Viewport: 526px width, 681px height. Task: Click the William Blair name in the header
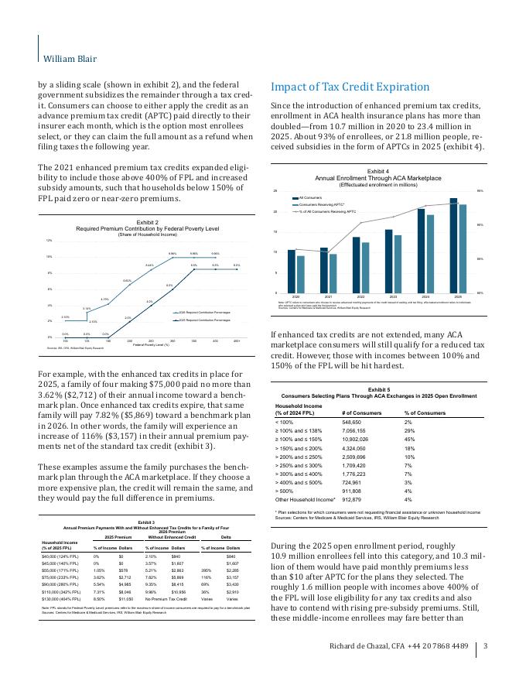coord(68,58)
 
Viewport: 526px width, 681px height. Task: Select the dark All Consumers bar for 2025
coord(453,245)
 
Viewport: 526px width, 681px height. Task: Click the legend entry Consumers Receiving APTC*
coord(323,204)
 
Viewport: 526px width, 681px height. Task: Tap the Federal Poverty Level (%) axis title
coord(150,344)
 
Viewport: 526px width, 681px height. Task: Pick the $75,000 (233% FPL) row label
coord(63,576)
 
